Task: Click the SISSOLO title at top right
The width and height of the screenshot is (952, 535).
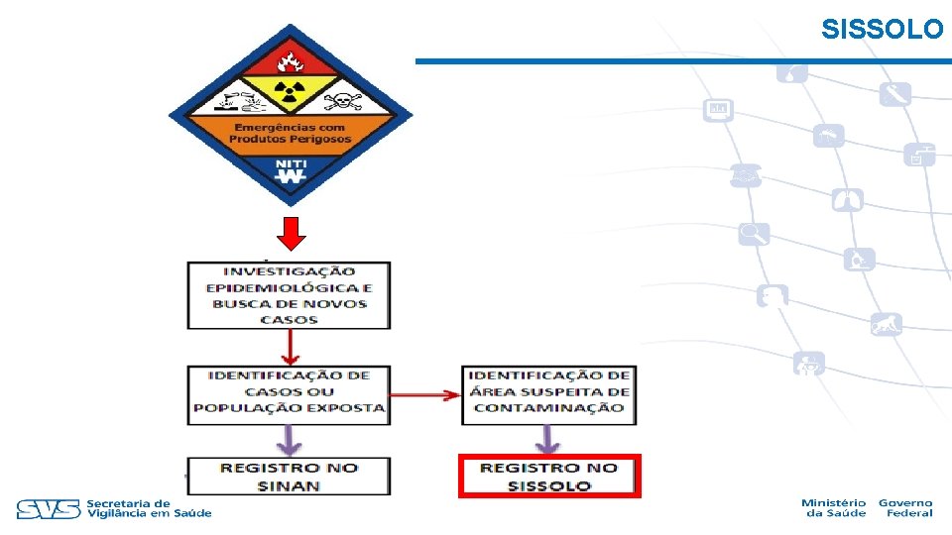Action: tap(883, 29)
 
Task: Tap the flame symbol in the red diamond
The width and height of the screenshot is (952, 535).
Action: tap(291, 61)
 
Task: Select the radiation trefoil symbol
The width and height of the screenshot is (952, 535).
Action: tap(290, 92)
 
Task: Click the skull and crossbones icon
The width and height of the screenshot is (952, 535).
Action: tap(343, 101)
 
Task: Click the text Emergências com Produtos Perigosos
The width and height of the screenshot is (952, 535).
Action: tap(291, 133)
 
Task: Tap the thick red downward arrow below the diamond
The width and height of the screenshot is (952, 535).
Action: tap(291, 234)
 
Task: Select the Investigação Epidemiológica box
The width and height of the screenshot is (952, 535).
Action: tap(289, 295)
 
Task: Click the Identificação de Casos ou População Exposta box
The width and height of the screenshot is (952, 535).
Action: tap(289, 395)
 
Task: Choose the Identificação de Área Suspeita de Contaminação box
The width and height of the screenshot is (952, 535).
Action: tap(548, 395)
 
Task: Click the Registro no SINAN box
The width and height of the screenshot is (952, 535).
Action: tap(289, 477)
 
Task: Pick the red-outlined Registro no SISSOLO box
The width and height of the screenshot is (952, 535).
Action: tap(549, 477)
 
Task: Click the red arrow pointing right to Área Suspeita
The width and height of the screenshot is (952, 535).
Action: tap(425, 395)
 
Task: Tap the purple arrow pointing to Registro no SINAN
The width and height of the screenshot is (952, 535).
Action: tap(289, 440)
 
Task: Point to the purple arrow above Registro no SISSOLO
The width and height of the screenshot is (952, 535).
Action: tap(547, 439)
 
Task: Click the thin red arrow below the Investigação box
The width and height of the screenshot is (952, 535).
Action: tap(291, 347)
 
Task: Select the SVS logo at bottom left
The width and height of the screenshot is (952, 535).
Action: tap(49, 509)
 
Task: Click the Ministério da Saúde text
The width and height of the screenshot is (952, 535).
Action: tap(834, 507)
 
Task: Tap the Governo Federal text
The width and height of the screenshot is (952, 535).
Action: tap(905, 507)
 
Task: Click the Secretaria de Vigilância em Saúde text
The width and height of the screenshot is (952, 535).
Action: tap(150, 508)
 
